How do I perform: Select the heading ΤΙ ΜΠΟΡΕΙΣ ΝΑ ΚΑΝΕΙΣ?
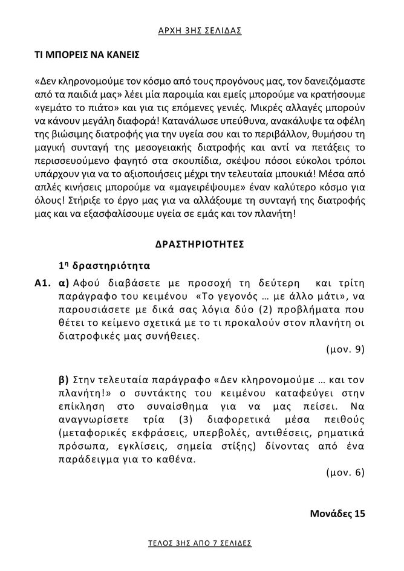tap(86, 55)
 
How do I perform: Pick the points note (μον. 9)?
tap(345, 349)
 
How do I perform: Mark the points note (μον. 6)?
tap(345, 473)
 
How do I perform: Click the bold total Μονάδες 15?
tap(337, 514)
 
